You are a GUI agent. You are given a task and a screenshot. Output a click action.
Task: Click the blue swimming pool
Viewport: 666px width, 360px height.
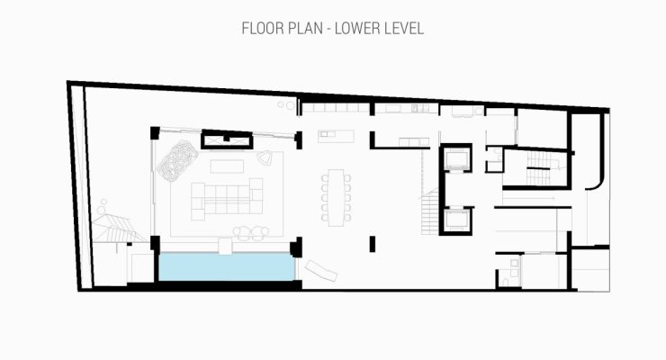pos(227,266)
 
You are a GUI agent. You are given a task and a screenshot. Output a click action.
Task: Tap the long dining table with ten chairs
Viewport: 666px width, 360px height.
pos(336,197)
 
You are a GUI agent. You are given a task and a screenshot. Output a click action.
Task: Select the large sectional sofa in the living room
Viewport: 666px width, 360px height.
pos(227,198)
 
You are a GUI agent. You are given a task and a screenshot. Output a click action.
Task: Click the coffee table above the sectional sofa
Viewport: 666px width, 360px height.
pos(227,166)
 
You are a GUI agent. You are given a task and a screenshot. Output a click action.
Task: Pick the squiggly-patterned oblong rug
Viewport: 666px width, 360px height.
pos(177,160)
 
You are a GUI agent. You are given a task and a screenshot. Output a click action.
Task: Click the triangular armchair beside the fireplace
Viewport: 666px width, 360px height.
pos(265,157)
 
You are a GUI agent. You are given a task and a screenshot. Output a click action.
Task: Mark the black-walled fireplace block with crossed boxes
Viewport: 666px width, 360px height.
pos(227,139)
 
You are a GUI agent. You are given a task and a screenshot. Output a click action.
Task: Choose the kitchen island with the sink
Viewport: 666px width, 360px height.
pos(336,136)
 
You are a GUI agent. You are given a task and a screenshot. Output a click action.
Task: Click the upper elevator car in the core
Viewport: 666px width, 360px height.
pos(456,157)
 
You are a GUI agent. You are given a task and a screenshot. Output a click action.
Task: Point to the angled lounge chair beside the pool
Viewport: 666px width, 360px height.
pos(320,270)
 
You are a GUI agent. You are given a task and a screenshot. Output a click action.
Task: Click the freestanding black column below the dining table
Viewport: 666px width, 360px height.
pos(372,244)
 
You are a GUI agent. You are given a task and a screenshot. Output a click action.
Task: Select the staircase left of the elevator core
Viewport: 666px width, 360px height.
pos(430,212)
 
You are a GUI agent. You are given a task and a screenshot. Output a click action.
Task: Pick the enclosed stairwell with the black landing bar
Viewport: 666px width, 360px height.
pos(538,168)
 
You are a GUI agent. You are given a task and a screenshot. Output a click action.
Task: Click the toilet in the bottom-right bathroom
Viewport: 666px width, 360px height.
pos(506,282)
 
